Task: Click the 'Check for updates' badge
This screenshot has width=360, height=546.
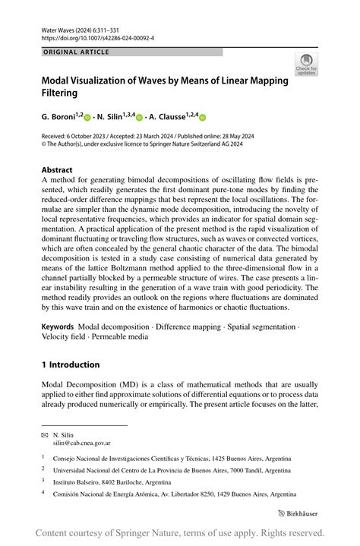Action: click(306, 65)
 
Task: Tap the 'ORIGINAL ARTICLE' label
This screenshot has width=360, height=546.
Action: click(76, 52)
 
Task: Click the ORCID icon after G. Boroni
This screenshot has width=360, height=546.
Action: click(87, 118)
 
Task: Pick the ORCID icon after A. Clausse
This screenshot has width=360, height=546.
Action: click(203, 118)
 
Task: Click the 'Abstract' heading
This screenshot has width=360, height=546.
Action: click(57, 170)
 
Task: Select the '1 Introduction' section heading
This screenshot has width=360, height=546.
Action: click(71, 365)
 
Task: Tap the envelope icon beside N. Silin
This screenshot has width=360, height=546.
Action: click(44, 434)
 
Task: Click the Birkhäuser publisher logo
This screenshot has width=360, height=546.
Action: click(298, 513)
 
